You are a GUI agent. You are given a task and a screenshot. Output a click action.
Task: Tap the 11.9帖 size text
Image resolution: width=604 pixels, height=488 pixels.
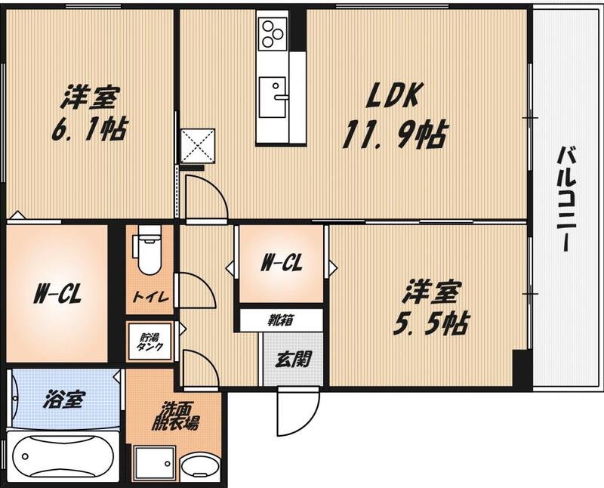pos(394,136)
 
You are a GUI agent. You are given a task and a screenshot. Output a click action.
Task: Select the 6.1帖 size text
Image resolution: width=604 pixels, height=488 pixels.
pos(88,129)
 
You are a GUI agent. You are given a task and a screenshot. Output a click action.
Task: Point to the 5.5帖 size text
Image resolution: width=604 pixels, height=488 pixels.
pos(430,323)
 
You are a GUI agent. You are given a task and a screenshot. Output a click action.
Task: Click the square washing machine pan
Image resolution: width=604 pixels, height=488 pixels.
pos(155,463)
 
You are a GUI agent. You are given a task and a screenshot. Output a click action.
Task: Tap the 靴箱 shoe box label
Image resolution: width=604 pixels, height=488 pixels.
pos(281,320)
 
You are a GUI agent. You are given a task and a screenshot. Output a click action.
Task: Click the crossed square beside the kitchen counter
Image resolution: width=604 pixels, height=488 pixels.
pos(198,146)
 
